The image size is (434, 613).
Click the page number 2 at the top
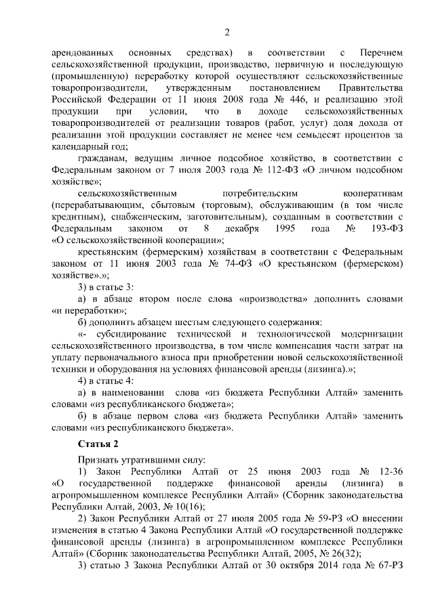(226, 31)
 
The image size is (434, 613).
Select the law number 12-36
(389, 469)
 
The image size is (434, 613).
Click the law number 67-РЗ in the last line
(389, 563)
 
